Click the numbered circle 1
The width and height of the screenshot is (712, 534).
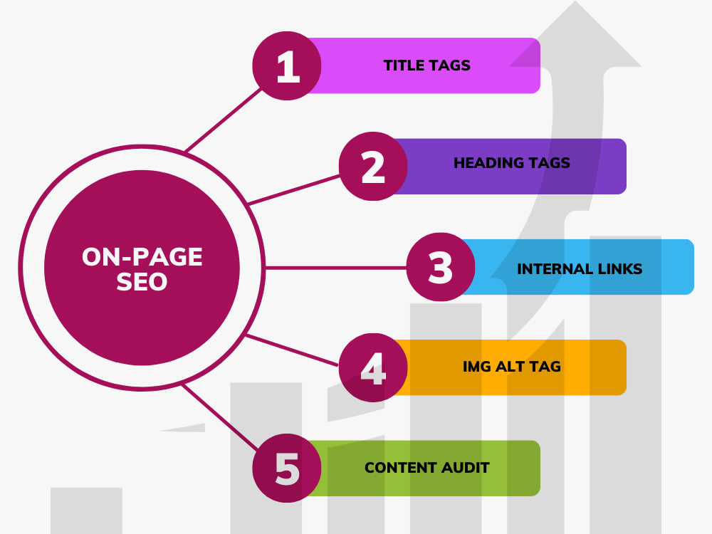pyautogui.click(x=287, y=66)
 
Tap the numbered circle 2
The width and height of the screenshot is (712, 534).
pyautogui.click(x=373, y=166)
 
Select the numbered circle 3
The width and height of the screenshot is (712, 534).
pyautogui.click(x=441, y=267)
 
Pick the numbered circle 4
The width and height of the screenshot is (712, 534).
pyautogui.click(x=373, y=367)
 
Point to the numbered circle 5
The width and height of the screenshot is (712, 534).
pyautogui.click(x=287, y=468)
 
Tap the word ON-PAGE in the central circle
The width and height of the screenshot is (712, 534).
pyautogui.click(x=142, y=257)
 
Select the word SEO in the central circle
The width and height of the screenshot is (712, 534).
pyautogui.click(x=142, y=282)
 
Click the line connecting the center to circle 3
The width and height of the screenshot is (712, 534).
pyautogui.click(x=335, y=268)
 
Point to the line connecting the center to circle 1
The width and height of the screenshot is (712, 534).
pyautogui.click(x=223, y=120)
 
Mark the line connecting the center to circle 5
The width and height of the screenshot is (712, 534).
pyautogui.click(x=220, y=417)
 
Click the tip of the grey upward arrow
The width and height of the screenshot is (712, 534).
pyautogui.click(x=575, y=1)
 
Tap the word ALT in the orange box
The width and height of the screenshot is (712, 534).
pyautogui.click(x=512, y=367)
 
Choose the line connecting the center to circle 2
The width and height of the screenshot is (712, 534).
pyautogui.click(x=294, y=190)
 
